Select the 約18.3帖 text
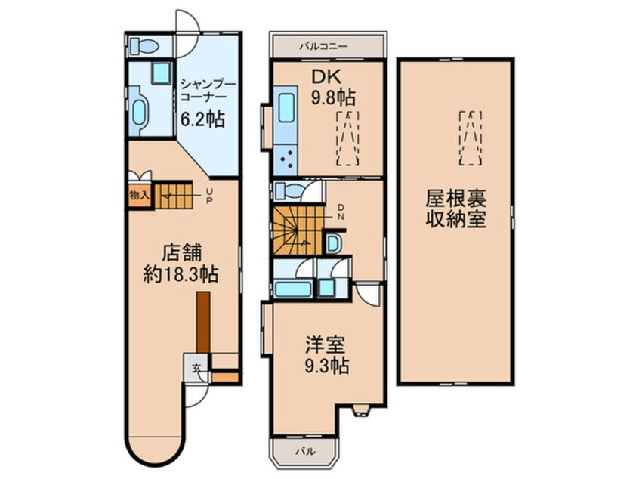pyautogui.click(x=181, y=274)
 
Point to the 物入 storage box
pyautogui.click(x=140, y=195)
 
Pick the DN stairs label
pyautogui.click(x=341, y=213)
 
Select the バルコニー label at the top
pyautogui.click(x=323, y=46)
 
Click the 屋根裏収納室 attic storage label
pyautogui.click(x=455, y=209)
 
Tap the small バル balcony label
pyautogui.click(x=305, y=450)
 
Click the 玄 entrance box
pyautogui.click(x=196, y=369)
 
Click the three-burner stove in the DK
pyautogui.click(x=287, y=160)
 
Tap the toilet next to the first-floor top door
pyautogui.click(x=142, y=46)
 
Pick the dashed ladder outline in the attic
pyautogui.click(x=470, y=137)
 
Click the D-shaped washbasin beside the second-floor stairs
pyautogui.click(x=333, y=243)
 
